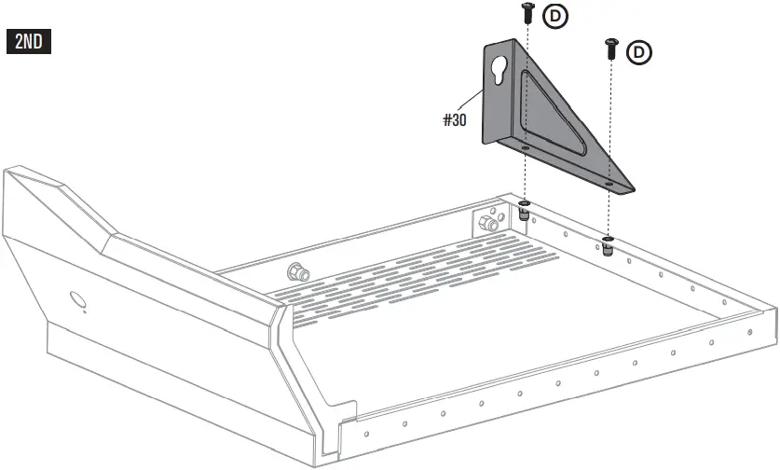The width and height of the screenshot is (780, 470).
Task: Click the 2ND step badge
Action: coord(29,42)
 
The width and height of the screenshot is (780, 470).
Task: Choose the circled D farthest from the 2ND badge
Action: coord(639,53)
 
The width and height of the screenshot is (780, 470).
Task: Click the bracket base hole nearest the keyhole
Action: coord(525,146)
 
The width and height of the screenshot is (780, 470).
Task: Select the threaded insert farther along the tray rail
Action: coord(608,246)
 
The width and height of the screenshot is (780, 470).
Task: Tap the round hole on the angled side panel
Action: coord(76,299)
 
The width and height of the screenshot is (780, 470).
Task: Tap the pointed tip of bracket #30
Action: coord(632,188)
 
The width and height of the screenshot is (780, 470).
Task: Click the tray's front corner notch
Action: coord(347,410)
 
